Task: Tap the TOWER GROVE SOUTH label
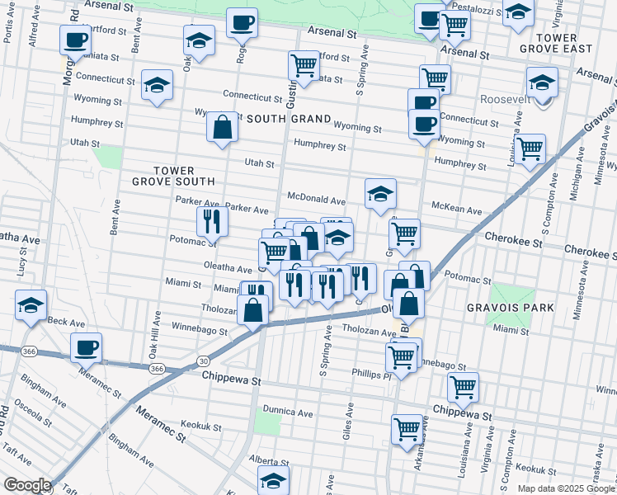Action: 172,175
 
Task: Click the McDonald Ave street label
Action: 316,200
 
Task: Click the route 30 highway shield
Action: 202,361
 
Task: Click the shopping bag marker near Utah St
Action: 222,128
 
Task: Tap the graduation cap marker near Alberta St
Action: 274,479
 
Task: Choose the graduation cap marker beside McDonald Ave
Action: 380,195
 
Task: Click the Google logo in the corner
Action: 27,485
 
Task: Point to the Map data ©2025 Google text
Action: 566,488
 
